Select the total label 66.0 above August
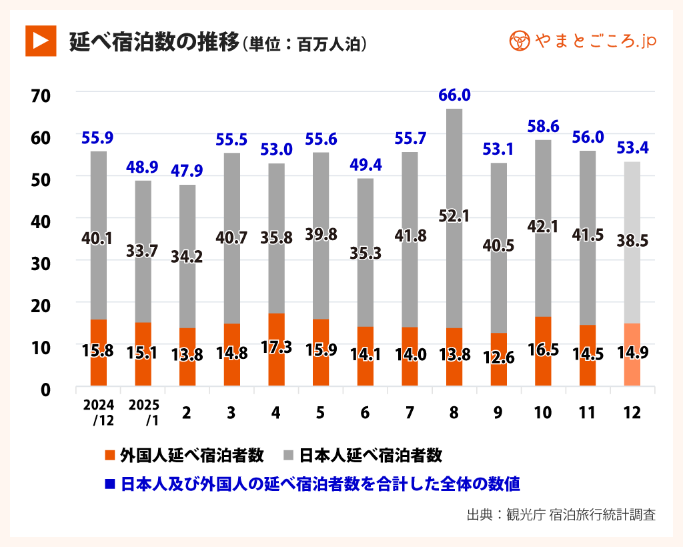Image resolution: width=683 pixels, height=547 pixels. [454, 95]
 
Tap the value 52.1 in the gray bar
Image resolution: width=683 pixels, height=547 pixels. [454, 215]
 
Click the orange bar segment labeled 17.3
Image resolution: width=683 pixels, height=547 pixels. [276, 349]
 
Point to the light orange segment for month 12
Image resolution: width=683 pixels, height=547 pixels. [632, 354]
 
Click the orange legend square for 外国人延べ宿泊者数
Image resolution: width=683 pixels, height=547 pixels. [111, 456]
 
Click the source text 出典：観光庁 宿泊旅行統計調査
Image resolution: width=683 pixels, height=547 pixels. [561, 514]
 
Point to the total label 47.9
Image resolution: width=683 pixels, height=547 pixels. [187, 170]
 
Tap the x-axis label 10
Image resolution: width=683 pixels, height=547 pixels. [543, 413]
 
